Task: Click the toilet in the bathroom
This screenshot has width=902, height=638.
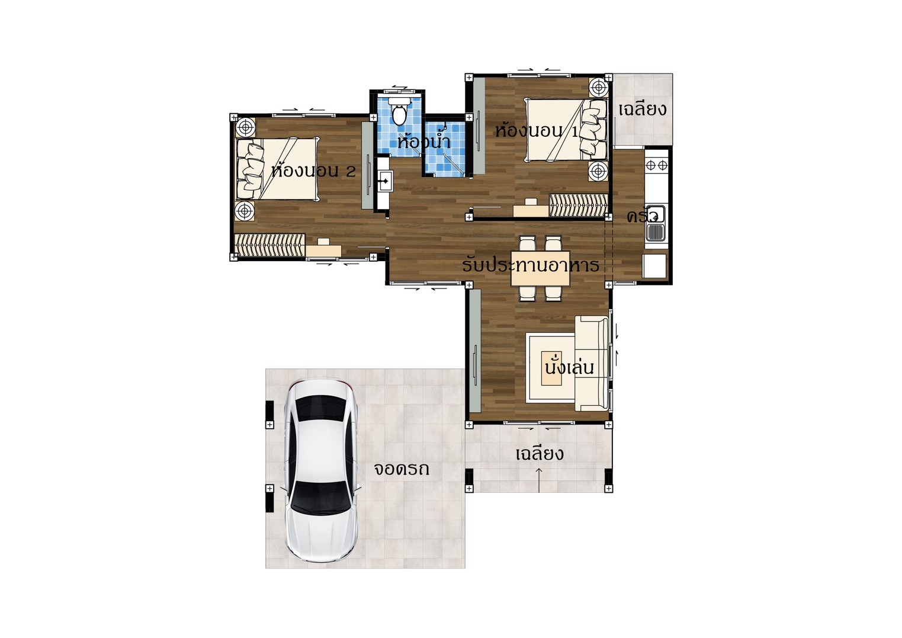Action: [x=399, y=110]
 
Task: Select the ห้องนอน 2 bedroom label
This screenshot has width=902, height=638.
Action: [x=313, y=170]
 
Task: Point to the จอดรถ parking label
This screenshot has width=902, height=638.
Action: [x=402, y=469]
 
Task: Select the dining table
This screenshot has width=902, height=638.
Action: [x=540, y=268]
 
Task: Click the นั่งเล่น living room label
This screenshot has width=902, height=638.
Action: [x=569, y=367]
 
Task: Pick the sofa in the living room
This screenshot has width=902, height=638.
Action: [x=592, y=363]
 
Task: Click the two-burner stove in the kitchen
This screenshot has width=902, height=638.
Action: [x=656, y=165]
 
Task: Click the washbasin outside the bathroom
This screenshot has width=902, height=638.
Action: [x=384, y=181]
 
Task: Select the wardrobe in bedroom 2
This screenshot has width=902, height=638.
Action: [x=270, y=245]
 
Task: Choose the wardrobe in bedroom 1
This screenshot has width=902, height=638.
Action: [x=579, y=206]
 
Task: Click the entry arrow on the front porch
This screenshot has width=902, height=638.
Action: [x=539, y=480]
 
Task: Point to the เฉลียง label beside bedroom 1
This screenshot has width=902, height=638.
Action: [x=642, y=109]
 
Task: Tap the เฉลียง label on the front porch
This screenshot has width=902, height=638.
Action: [x=540, y=454]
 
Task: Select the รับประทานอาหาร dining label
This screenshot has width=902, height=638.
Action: [x=531, y=265]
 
